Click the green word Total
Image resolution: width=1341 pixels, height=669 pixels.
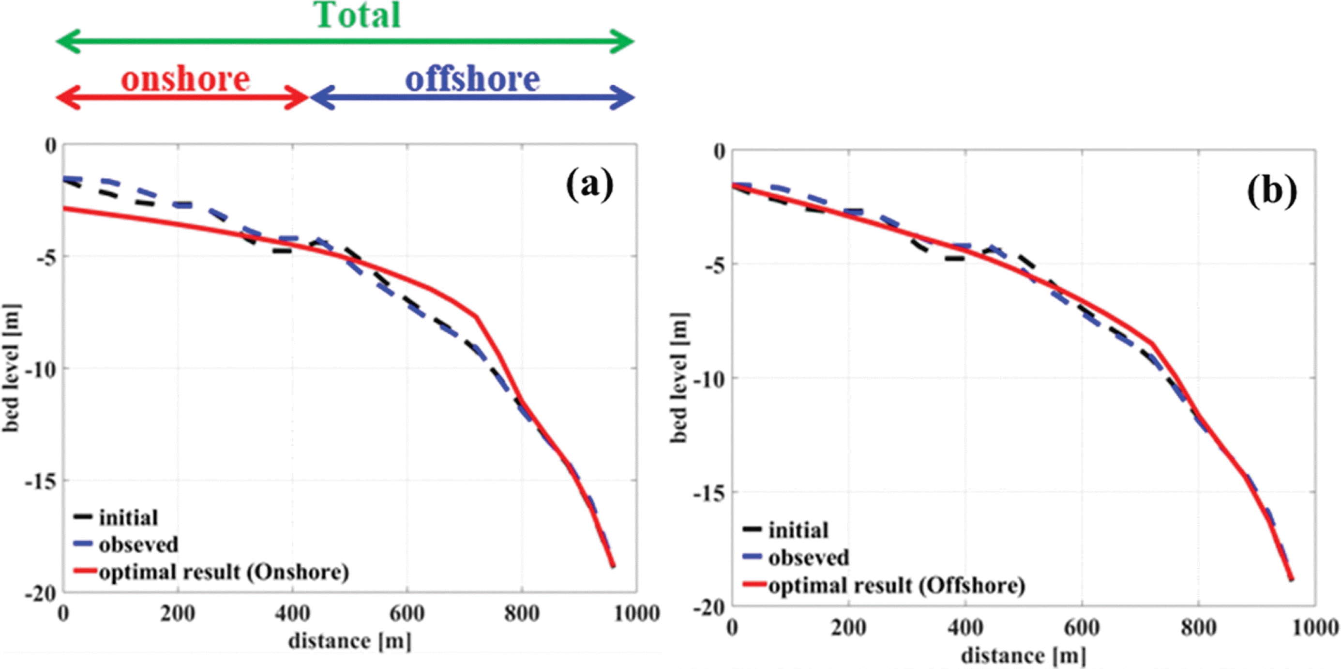tap(358, 16)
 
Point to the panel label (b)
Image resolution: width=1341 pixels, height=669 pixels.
tap(1271, 191)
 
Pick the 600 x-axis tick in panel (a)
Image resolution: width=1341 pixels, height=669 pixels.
tap(407, 614)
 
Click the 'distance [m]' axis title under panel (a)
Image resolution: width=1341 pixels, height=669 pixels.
tap(350, 641)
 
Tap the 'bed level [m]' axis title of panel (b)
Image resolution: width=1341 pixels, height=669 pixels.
tap(679, 378)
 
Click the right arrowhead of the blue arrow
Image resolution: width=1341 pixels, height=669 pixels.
tap(626, 97)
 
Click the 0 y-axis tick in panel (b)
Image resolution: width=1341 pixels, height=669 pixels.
tap(719, 152)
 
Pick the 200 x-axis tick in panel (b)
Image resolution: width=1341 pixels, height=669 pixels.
tap(848, 627)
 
